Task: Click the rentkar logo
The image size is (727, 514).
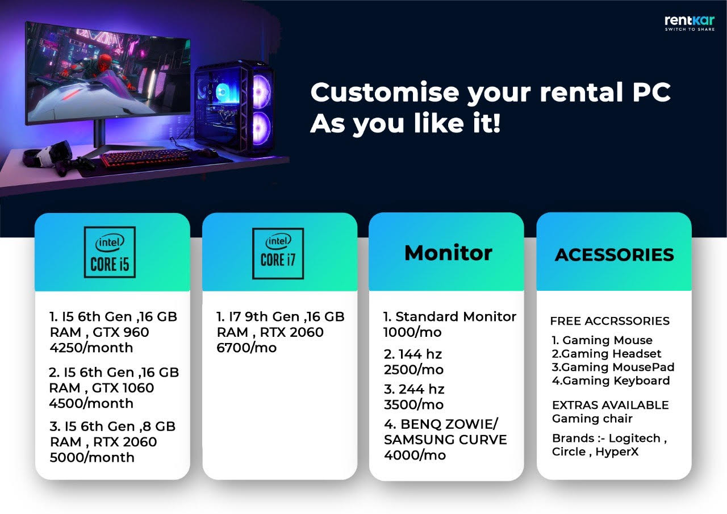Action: pos(690,23)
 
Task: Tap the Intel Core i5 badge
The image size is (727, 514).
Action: pos(110,252)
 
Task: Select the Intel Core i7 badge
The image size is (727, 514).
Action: pos(278,253)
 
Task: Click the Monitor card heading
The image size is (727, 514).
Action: pos(448,253)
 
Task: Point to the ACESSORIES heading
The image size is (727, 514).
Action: pos(615,255)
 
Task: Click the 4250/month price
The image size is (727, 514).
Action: pos(91,348)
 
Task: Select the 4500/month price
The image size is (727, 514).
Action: pos(91,404)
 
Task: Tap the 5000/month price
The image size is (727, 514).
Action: pos(92,458)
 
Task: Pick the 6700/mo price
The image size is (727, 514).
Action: pos(246,348)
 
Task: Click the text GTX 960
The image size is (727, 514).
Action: pos(121,332)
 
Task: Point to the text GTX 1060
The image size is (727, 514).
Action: pos(123,388)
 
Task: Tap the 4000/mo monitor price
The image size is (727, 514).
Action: pos(415,456)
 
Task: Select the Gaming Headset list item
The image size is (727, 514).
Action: pos(606,354)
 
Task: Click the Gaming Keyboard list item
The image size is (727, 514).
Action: pos(611,381)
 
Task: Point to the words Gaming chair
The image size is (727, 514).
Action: pos(592,419)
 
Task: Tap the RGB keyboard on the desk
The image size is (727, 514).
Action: pos(144,158)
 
